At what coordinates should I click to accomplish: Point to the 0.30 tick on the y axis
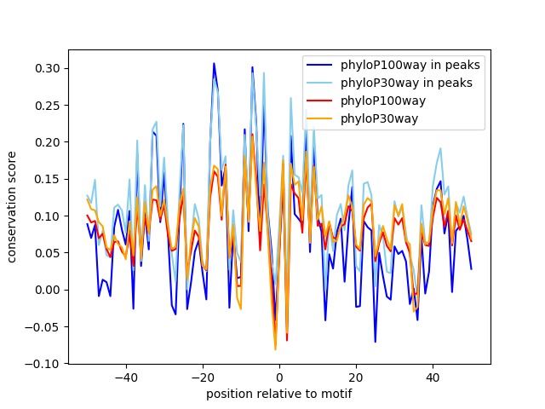click(x=48, y=68)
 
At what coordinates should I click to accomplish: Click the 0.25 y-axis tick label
click(x=48, y=106)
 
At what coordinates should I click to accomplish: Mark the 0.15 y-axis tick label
click(x=48, y=179)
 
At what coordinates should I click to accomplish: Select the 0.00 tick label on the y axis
click(x=48, y=290)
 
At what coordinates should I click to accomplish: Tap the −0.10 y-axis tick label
click(x=42, y=364)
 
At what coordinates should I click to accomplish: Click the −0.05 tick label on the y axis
click(x=42, y=327)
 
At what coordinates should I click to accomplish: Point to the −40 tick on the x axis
click(x=126, y=377)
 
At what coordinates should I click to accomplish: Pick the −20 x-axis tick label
click(x=203, y=377)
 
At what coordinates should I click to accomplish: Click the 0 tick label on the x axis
click(x=279, y=377)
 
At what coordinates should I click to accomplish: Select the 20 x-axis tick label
click(x=356, y=377)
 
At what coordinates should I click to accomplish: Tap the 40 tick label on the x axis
click(x=433, y=377)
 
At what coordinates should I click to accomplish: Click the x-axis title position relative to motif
click(x=279, y=394)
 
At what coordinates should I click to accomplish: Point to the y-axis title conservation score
click(x=11, y=207)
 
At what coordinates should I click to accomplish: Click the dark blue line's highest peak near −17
click(x=214, y=63)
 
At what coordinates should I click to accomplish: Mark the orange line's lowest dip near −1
click(x=275, y=349)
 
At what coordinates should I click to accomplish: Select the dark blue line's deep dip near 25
click(x=376, y=342)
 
